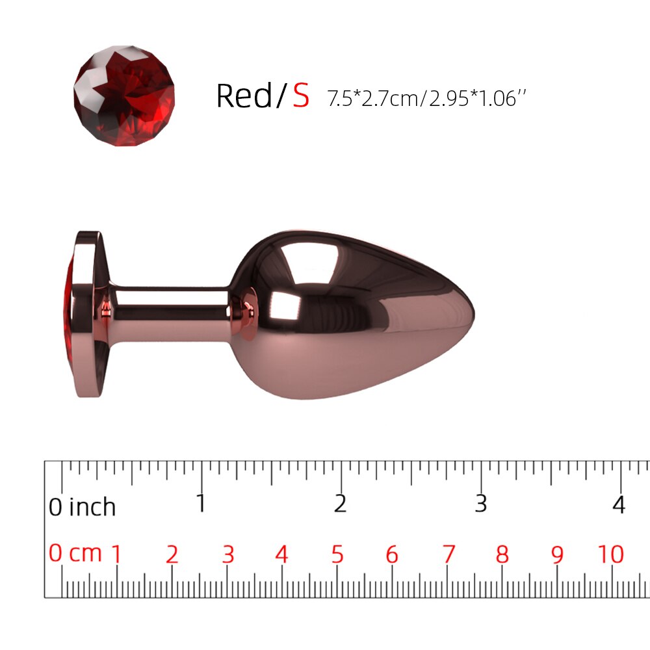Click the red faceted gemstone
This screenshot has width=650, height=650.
124,96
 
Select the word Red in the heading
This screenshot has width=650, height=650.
244,96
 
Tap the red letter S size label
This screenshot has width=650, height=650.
302,96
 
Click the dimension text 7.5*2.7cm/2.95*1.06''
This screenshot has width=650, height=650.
426,99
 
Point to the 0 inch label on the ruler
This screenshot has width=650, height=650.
82,506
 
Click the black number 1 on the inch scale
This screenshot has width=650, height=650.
201,503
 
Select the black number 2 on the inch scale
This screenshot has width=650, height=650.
341,503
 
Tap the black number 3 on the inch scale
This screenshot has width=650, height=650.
480,503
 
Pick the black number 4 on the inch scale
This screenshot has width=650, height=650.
619,504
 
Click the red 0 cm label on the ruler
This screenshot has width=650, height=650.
75,553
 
